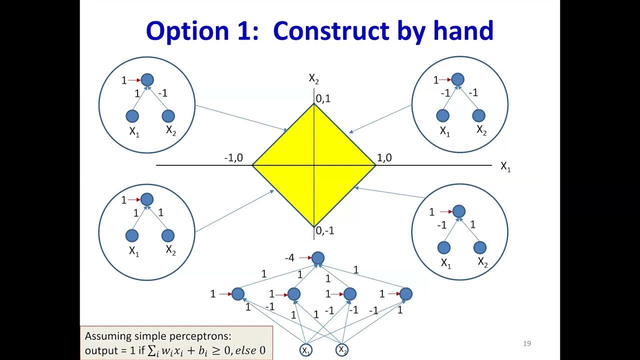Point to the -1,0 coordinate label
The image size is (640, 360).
point(233,158)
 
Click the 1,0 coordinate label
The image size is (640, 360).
point(384,158)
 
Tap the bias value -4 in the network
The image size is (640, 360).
point(289,258)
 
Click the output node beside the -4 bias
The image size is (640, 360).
point(318,258)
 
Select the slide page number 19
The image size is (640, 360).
point(526,343)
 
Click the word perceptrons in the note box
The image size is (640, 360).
point(204,336)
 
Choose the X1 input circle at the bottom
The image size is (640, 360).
point(305,350)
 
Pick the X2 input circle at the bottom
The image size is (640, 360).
point(342,349)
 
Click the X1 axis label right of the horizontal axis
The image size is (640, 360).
point(505,167)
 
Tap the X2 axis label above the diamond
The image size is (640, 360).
point(314,78)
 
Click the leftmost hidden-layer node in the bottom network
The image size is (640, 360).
point(238,294)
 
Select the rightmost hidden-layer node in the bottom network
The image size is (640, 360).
point(406,294)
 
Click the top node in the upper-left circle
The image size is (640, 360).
point(147,79)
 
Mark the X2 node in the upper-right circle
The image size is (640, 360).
point(479,115)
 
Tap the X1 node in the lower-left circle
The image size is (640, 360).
point(132,235)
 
